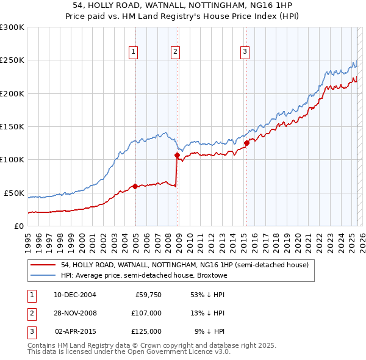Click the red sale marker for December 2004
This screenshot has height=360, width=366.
135,186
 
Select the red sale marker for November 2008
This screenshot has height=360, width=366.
177,155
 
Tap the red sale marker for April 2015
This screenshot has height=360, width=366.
246,143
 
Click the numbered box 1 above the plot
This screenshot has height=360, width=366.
133,52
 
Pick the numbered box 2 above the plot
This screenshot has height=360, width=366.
175,52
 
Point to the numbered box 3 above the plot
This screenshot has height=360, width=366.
244,52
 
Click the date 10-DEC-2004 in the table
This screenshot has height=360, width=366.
75,295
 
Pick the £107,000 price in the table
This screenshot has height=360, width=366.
146,313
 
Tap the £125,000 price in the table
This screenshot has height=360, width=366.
146,331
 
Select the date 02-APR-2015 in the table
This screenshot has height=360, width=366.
75,331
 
